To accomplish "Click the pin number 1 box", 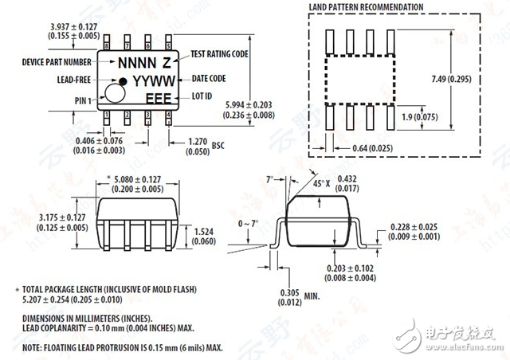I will (x=106, y=115).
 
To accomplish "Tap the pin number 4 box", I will (x=169, y=115).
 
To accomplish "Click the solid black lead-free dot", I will (x=123, y=80).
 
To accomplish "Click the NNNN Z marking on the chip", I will (x=144, y=62).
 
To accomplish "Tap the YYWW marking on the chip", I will (x=150, y=80).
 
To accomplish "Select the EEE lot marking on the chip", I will (x=156, y=98).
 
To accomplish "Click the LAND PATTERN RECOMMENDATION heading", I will (x=366, y=8).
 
